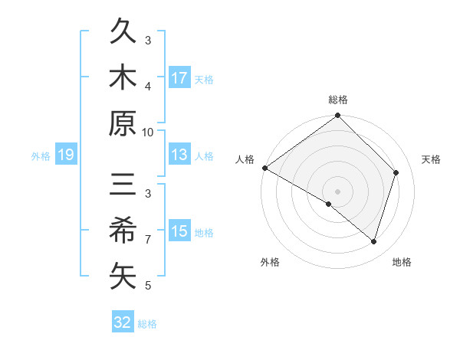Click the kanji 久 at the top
click(123, 34)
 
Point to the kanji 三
click(123, 187)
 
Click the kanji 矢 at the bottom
click(123, 275)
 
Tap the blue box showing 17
click(179, 77)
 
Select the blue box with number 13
click(179, 155)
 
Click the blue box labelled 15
click(179, 231)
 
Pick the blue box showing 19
click(66, 155)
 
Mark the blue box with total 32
click(123, 322)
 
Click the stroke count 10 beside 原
click(148, 132)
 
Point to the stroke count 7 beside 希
click(148, 240)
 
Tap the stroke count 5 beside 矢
click(148, 286)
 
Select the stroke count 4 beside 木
click(148, 86)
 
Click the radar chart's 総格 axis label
click(338, 100)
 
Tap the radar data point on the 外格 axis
click(329, 204)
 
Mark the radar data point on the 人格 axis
click(264, 168)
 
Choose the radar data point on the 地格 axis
click(373, 241)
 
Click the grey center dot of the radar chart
click(337, 190)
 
